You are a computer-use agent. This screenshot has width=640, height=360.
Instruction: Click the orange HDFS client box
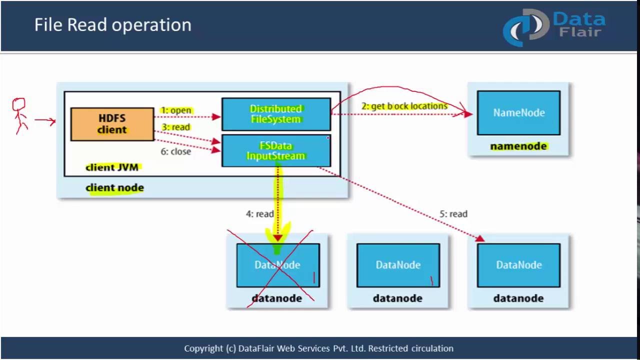(x=112, y=124)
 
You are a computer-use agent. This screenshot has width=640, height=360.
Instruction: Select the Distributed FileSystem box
(x=275, y=114)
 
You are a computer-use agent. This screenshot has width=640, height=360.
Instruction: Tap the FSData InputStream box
(x=275, y=150)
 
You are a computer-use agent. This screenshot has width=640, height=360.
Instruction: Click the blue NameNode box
(x=518, y=113)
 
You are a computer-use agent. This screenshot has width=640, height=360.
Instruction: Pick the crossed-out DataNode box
(x=277, y=265)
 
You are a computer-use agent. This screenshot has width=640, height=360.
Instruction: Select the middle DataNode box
(x=398, y=265)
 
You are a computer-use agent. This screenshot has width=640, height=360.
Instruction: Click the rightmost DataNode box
(x=518, y=265)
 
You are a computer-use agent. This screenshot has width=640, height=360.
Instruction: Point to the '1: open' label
(x=176, y=110)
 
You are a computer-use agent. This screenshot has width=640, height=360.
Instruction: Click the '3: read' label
(x=175, y=127)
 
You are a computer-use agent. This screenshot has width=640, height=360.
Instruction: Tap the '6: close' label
(x=175, y=151)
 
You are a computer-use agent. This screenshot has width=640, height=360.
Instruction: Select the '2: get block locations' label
(x=404, y=106)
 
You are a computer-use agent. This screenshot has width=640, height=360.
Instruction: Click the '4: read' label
(x=259, y=214)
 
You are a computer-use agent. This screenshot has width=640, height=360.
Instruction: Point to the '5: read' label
(x=453, y=214)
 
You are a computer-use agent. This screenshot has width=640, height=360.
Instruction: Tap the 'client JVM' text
(x=112, y=167)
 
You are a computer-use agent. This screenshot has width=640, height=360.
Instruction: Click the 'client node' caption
(x=114, y=188)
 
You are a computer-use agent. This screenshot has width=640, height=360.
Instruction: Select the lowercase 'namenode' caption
(x=518, y=146)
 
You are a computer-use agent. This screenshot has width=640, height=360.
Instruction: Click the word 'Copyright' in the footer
(x=203, y=348)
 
